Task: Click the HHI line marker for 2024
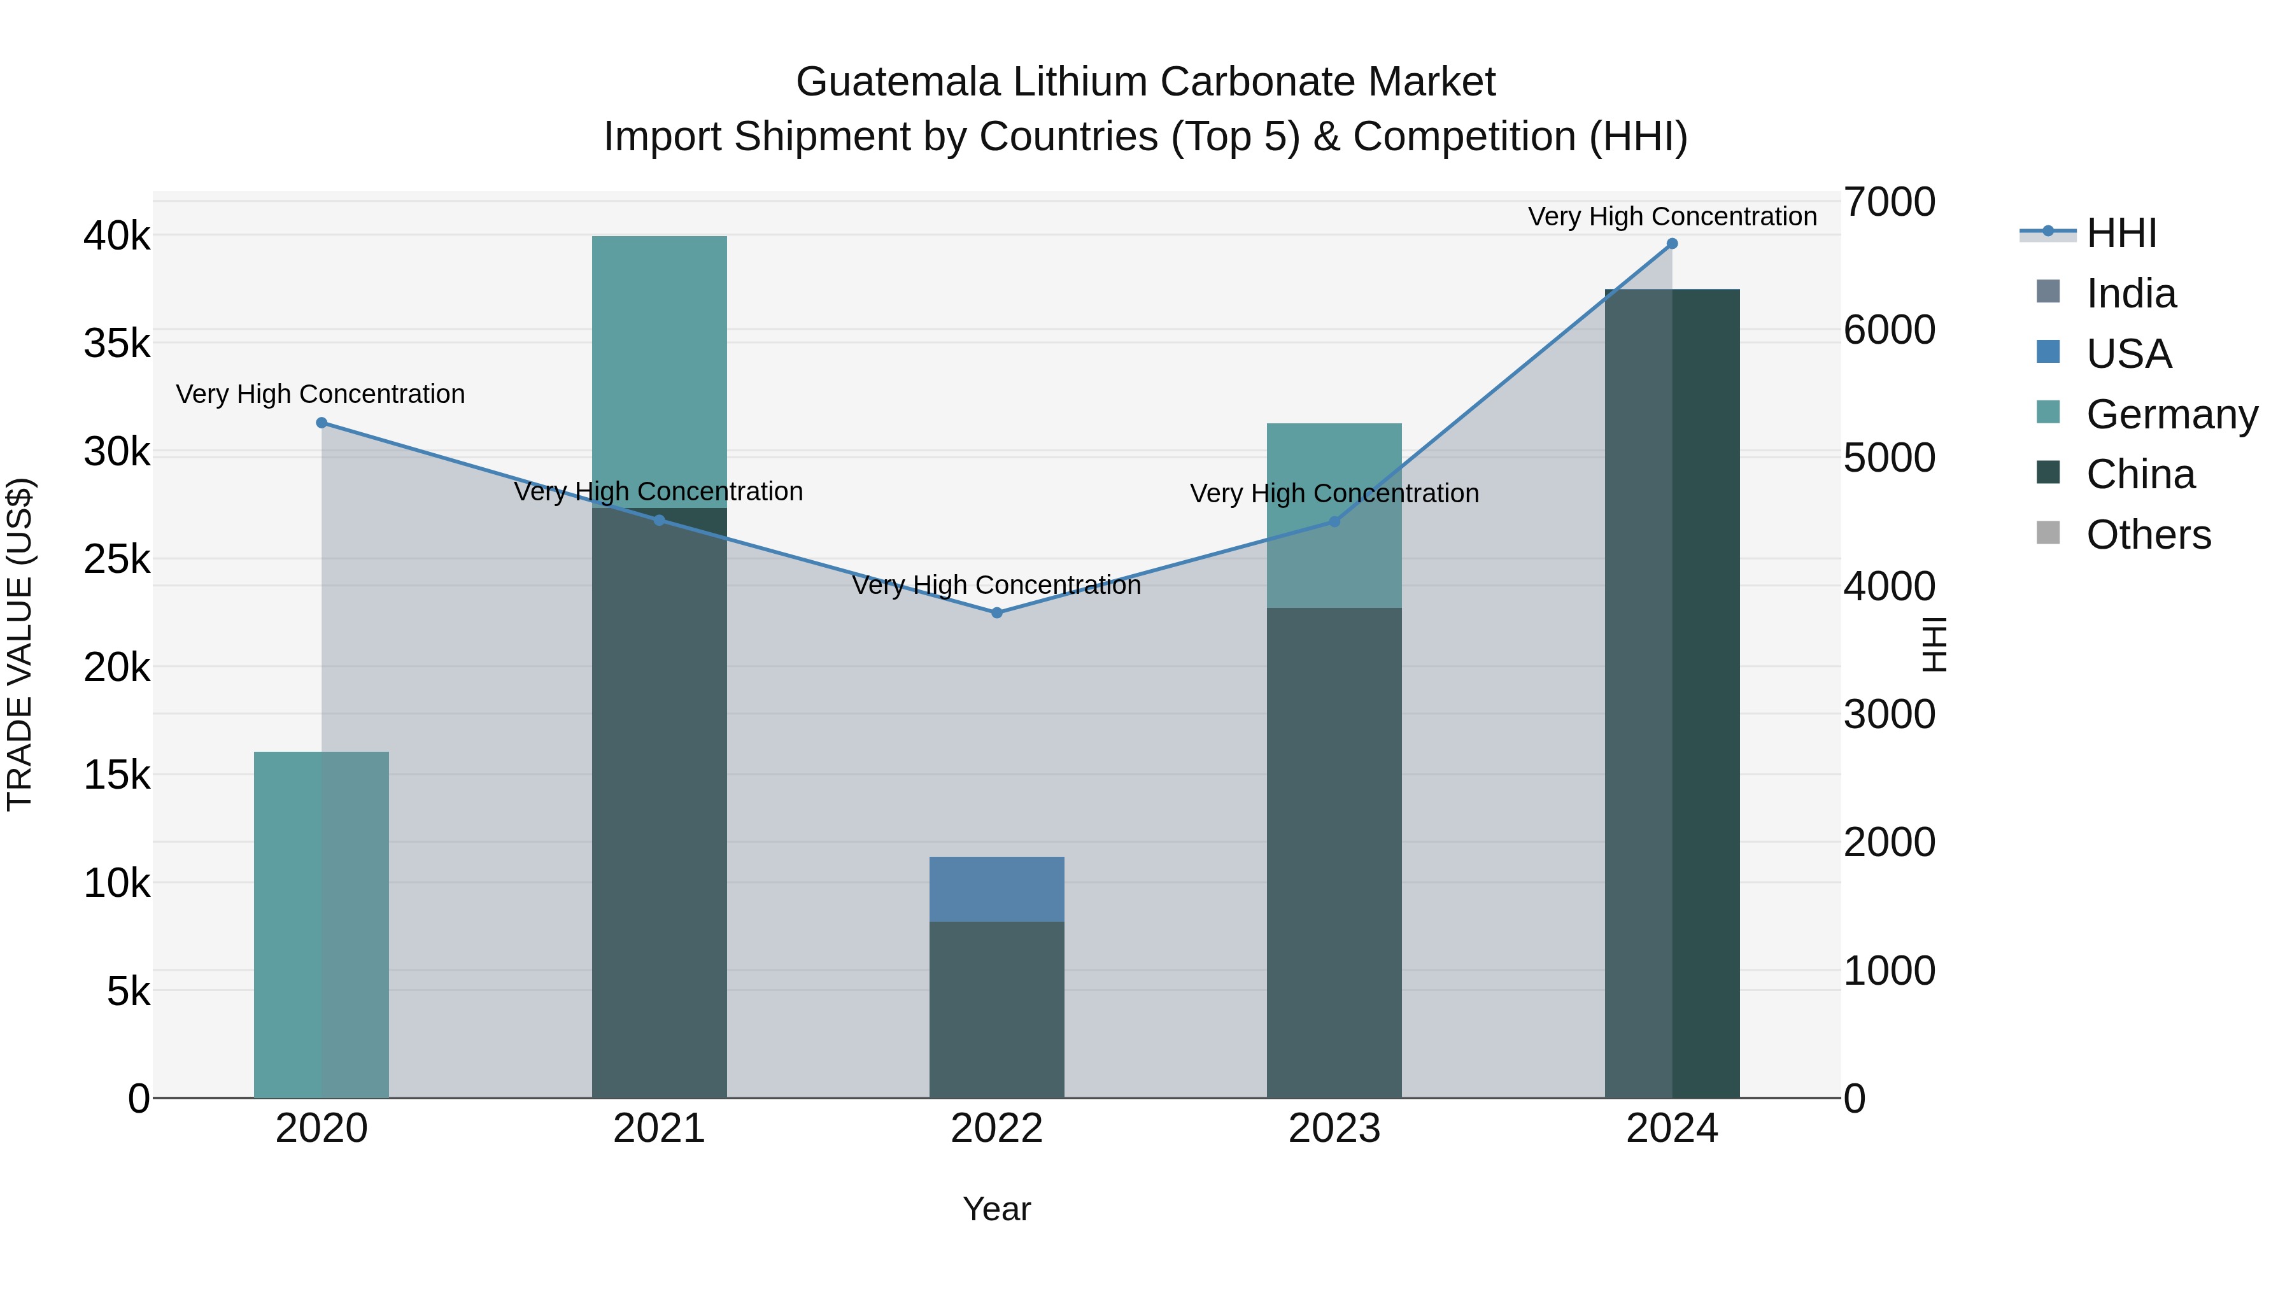tap(1672, 244)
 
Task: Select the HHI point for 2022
tap(996, 613)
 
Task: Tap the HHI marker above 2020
tap(322, 423)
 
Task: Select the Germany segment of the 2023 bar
tap(1334, 516)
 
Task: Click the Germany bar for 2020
tap(322, 924)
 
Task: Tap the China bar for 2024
tap(1672, 693)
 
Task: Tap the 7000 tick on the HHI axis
tap(1888, 202)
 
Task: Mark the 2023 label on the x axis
tap(1334, 1129)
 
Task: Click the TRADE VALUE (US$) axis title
tap(20, 644)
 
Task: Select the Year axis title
tap(996, 1209)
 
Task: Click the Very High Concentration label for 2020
tap(320, 394)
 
